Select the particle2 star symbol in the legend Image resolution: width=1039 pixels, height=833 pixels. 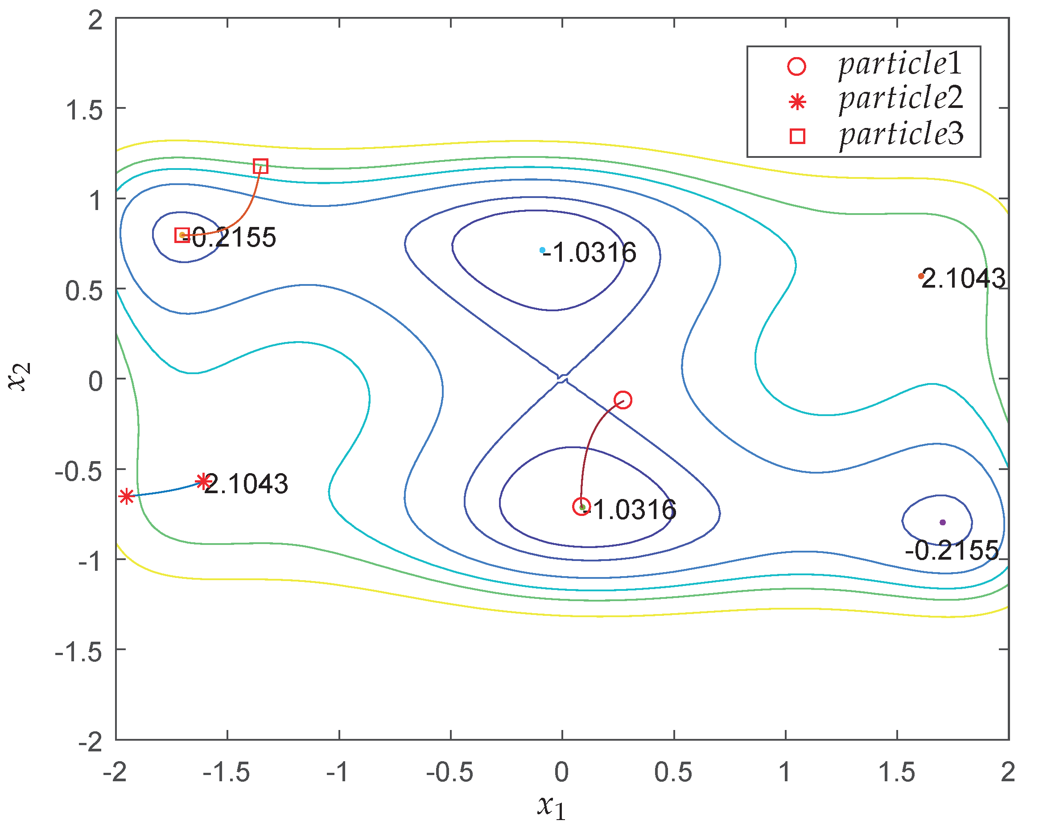[x=798, y=102]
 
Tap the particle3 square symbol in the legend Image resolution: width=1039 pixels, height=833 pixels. [x=798, y=136]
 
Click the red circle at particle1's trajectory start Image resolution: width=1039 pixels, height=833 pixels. [x=623, y=400]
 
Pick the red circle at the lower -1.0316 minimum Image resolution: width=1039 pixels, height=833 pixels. [x=581, y=506]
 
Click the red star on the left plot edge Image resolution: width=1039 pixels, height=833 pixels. [x=126, y=496]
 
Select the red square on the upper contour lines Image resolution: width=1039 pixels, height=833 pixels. [x=261, y=166]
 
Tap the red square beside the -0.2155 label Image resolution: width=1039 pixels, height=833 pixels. [x=181, y=235]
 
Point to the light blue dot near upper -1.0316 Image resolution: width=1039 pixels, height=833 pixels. [x=543, y=250]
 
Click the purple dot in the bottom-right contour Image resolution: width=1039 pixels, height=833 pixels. [x=943, y=522]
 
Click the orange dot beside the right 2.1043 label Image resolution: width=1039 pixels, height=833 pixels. [x=921, y=276]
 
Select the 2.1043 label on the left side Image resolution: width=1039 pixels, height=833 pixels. [x=246, y=484]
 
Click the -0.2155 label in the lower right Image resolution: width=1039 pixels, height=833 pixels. [x=952, y=550]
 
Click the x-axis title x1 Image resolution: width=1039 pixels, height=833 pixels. [x=551, y=807]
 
